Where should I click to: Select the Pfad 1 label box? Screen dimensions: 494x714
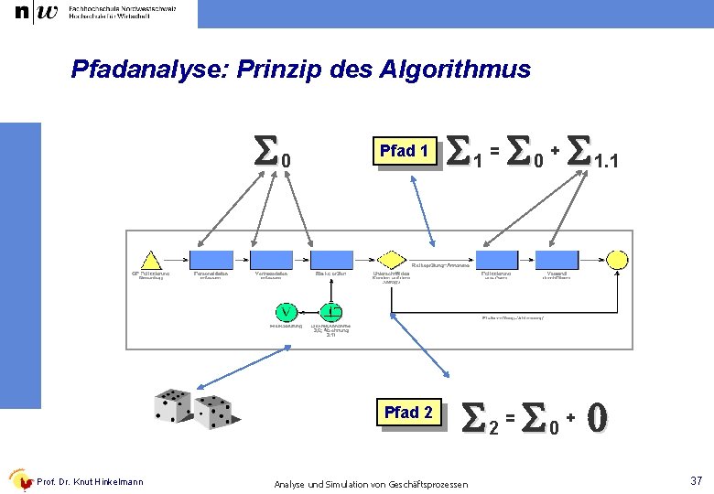point(404,151)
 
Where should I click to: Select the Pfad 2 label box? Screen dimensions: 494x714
point(408,413)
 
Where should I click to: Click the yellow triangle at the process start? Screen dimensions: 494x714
point(148,259)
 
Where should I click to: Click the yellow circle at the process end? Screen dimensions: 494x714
point(618,260)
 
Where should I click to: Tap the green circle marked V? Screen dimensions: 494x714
point(287,311)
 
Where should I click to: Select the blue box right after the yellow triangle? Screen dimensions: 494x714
point(211,260)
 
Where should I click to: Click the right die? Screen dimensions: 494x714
point(212,413)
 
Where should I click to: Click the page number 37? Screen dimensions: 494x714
point(695,480)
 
